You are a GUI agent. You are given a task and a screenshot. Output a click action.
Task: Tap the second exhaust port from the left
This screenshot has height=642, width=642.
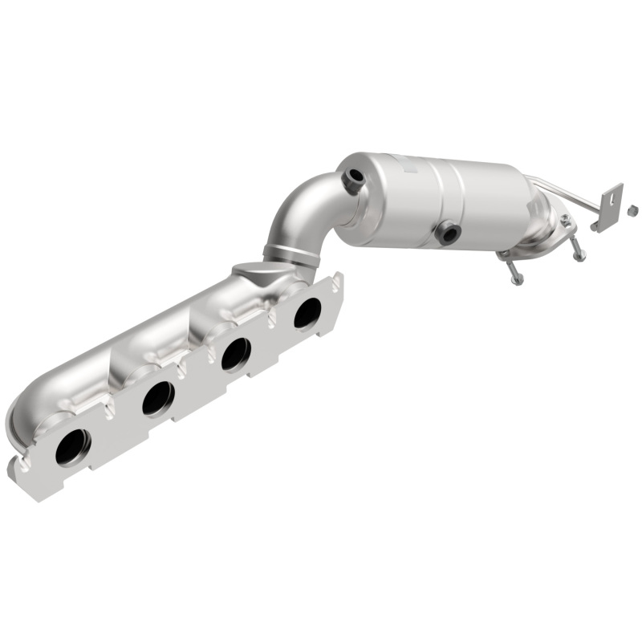click(158, 397)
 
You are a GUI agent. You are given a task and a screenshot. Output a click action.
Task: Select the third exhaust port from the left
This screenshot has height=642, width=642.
click(235, 353)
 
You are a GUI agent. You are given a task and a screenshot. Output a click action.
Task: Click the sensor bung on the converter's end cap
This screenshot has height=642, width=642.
click(351, 180)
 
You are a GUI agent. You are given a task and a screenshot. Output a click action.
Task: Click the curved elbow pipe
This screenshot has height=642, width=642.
click(305, 209)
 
